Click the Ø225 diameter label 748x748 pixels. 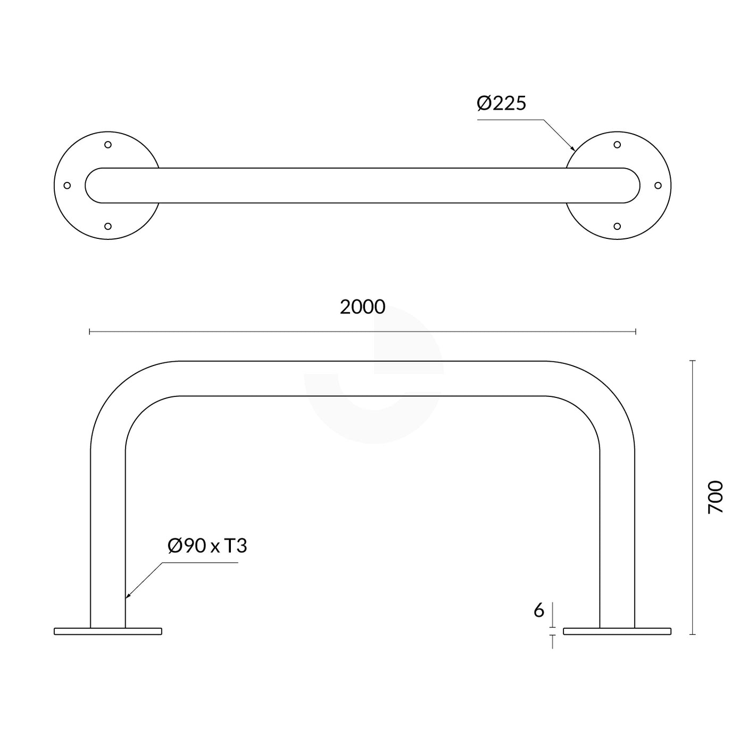point(501,103)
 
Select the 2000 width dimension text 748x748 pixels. point(362,307)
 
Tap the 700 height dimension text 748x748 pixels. point(716,497)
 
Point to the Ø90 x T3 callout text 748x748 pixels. point(207,546)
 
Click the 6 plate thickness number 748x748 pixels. point(539,611)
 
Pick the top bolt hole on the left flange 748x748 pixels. point(108,145)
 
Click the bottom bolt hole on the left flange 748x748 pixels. point(108,226)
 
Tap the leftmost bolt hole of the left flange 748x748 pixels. point(67,186)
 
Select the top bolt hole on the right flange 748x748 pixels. point(617,145)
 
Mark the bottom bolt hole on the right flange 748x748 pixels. point(617,226)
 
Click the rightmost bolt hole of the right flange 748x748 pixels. point(658,186)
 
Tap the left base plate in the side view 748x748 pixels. point(108,631)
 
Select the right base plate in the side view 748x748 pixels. point(617,631)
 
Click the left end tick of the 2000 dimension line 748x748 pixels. point(90,332)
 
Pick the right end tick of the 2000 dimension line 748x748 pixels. point(635,332)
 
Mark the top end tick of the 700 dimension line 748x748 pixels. point(693,361)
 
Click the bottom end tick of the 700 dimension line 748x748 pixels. point(693,634)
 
